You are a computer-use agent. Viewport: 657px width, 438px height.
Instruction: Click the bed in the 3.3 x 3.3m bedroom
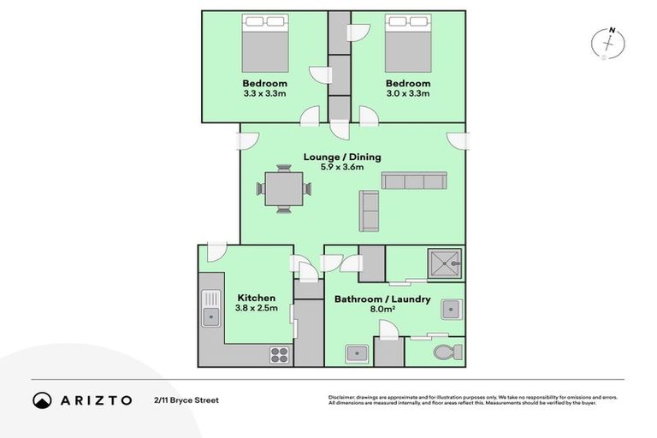click(x=265, y=42)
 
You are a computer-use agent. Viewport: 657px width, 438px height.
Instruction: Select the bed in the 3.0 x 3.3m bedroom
click(x=408, y=42)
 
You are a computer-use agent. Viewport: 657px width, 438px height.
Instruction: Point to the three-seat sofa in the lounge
click(x=414, y=181)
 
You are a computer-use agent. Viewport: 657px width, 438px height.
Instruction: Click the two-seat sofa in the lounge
click(x=370, y=210)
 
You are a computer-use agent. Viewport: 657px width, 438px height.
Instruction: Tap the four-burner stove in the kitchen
click(x=281, y=353)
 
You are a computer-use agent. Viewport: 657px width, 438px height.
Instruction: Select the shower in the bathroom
click(x=442, y=263)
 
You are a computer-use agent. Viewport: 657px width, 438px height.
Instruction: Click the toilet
click(x=447, y=352)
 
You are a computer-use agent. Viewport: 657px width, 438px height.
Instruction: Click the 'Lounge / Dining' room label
click(x=342, y=157)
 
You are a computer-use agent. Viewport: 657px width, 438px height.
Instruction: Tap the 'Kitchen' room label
click(x=257, y=298)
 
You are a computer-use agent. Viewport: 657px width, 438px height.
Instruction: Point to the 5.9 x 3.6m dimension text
click(x=342, y=168)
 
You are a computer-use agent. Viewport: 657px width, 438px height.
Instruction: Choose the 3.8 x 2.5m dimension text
click(x=257, y=309)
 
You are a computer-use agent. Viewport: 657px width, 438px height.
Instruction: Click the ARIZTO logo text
click(x=94, y=400)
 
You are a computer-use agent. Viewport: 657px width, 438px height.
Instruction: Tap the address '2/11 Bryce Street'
click(x=186, y=400)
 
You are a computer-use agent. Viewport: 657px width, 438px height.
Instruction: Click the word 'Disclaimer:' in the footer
click(x=342, y=398)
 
